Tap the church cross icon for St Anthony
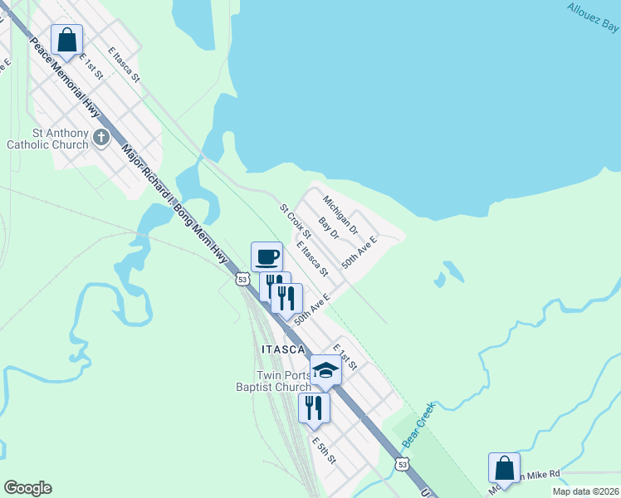(x=101, y=137)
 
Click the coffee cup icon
(x=266, y=256)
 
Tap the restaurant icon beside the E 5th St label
(x=314, y=407)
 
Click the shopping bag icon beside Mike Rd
(x=504, y=467)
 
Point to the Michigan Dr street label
(x=340, y=214)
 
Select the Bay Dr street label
(x=330, y=229)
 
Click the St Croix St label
(x=294, y=219)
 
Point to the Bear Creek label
(x=419, y=422)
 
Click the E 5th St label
(x=323, y=450)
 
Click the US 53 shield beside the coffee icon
(x=242, y=280)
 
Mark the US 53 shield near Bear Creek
(x=402, y=465)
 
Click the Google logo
(x=27, y=488)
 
